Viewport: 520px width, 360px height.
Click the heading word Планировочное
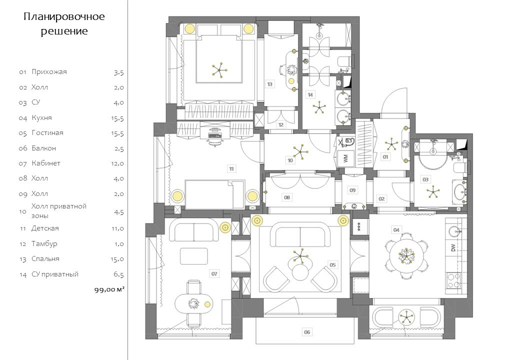point(64,17)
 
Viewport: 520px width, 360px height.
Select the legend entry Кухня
point(41,118)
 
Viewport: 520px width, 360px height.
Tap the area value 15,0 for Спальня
point(118,259)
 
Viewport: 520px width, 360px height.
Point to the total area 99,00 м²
point(109,289)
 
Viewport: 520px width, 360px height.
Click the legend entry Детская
point(45,228)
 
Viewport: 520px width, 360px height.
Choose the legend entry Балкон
point(43,148)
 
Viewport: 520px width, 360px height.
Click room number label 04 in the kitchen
point(396,230)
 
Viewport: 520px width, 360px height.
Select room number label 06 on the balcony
point(307,331)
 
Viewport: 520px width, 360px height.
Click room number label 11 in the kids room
point(231,168)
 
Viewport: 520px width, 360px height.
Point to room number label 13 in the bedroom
point(269,84)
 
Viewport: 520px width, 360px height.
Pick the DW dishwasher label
point(453,247)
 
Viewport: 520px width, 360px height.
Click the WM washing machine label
point(345,159)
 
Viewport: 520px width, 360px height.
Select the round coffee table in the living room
point(300,272)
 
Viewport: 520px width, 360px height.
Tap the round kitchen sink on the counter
point(454,231)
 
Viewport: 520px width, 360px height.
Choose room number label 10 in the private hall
point(290,160)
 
